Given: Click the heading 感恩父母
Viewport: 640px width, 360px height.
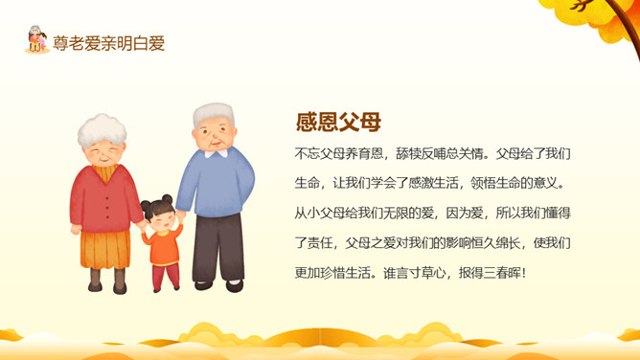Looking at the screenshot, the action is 338,122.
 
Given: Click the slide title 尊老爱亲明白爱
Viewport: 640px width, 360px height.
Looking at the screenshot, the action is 108,44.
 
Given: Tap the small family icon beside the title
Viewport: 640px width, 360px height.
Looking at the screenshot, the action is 36,39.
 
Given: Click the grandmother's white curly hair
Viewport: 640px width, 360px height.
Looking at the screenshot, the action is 103,129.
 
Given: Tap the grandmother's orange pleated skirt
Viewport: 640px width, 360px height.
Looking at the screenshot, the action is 105,249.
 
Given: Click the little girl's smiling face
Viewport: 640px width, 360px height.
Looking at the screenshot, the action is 163,220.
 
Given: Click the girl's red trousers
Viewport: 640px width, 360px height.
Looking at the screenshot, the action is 166,276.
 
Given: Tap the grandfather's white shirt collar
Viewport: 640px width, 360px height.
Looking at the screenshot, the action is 217,153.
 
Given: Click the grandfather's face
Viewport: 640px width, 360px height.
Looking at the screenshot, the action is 215,137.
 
